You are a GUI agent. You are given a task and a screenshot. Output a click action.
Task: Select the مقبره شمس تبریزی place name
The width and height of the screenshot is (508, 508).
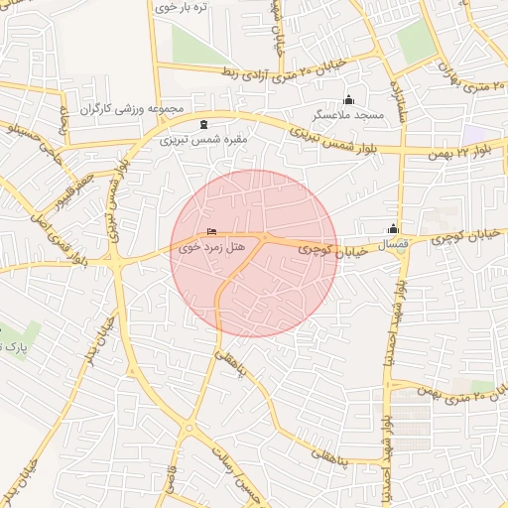tap(203, 140)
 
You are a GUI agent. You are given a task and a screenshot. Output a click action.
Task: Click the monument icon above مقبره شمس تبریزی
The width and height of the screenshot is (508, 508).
tap(203, 125)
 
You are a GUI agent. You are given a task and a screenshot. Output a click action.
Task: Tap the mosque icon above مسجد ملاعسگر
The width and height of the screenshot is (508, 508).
tap(347, 100)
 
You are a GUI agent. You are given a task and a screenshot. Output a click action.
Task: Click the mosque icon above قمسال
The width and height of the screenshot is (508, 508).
tap(394, 227)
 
